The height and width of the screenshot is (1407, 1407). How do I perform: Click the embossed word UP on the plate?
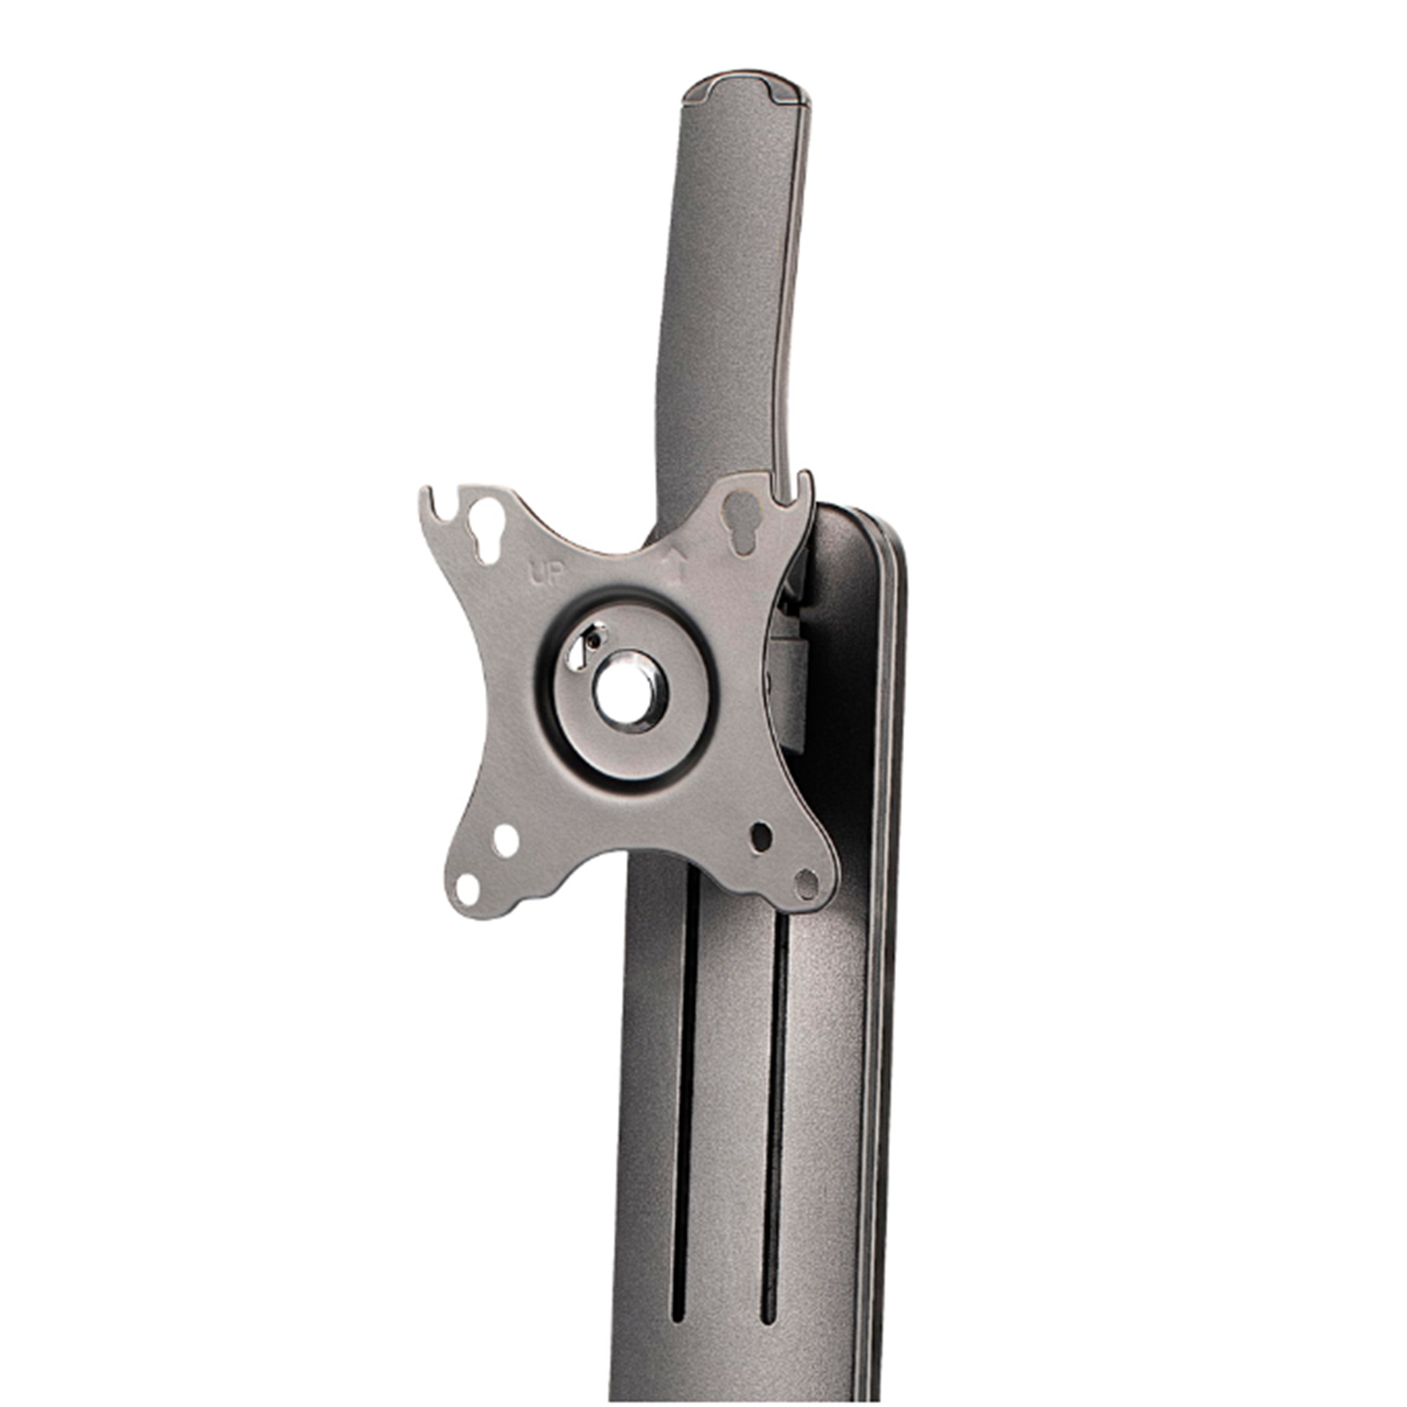[x=545, y=575]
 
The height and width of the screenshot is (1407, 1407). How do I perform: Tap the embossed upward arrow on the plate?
[x=674, y=567]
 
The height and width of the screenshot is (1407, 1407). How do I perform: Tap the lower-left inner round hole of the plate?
[x=506, y=841]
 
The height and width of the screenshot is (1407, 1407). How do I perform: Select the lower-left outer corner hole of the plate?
[x=467, y=888]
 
